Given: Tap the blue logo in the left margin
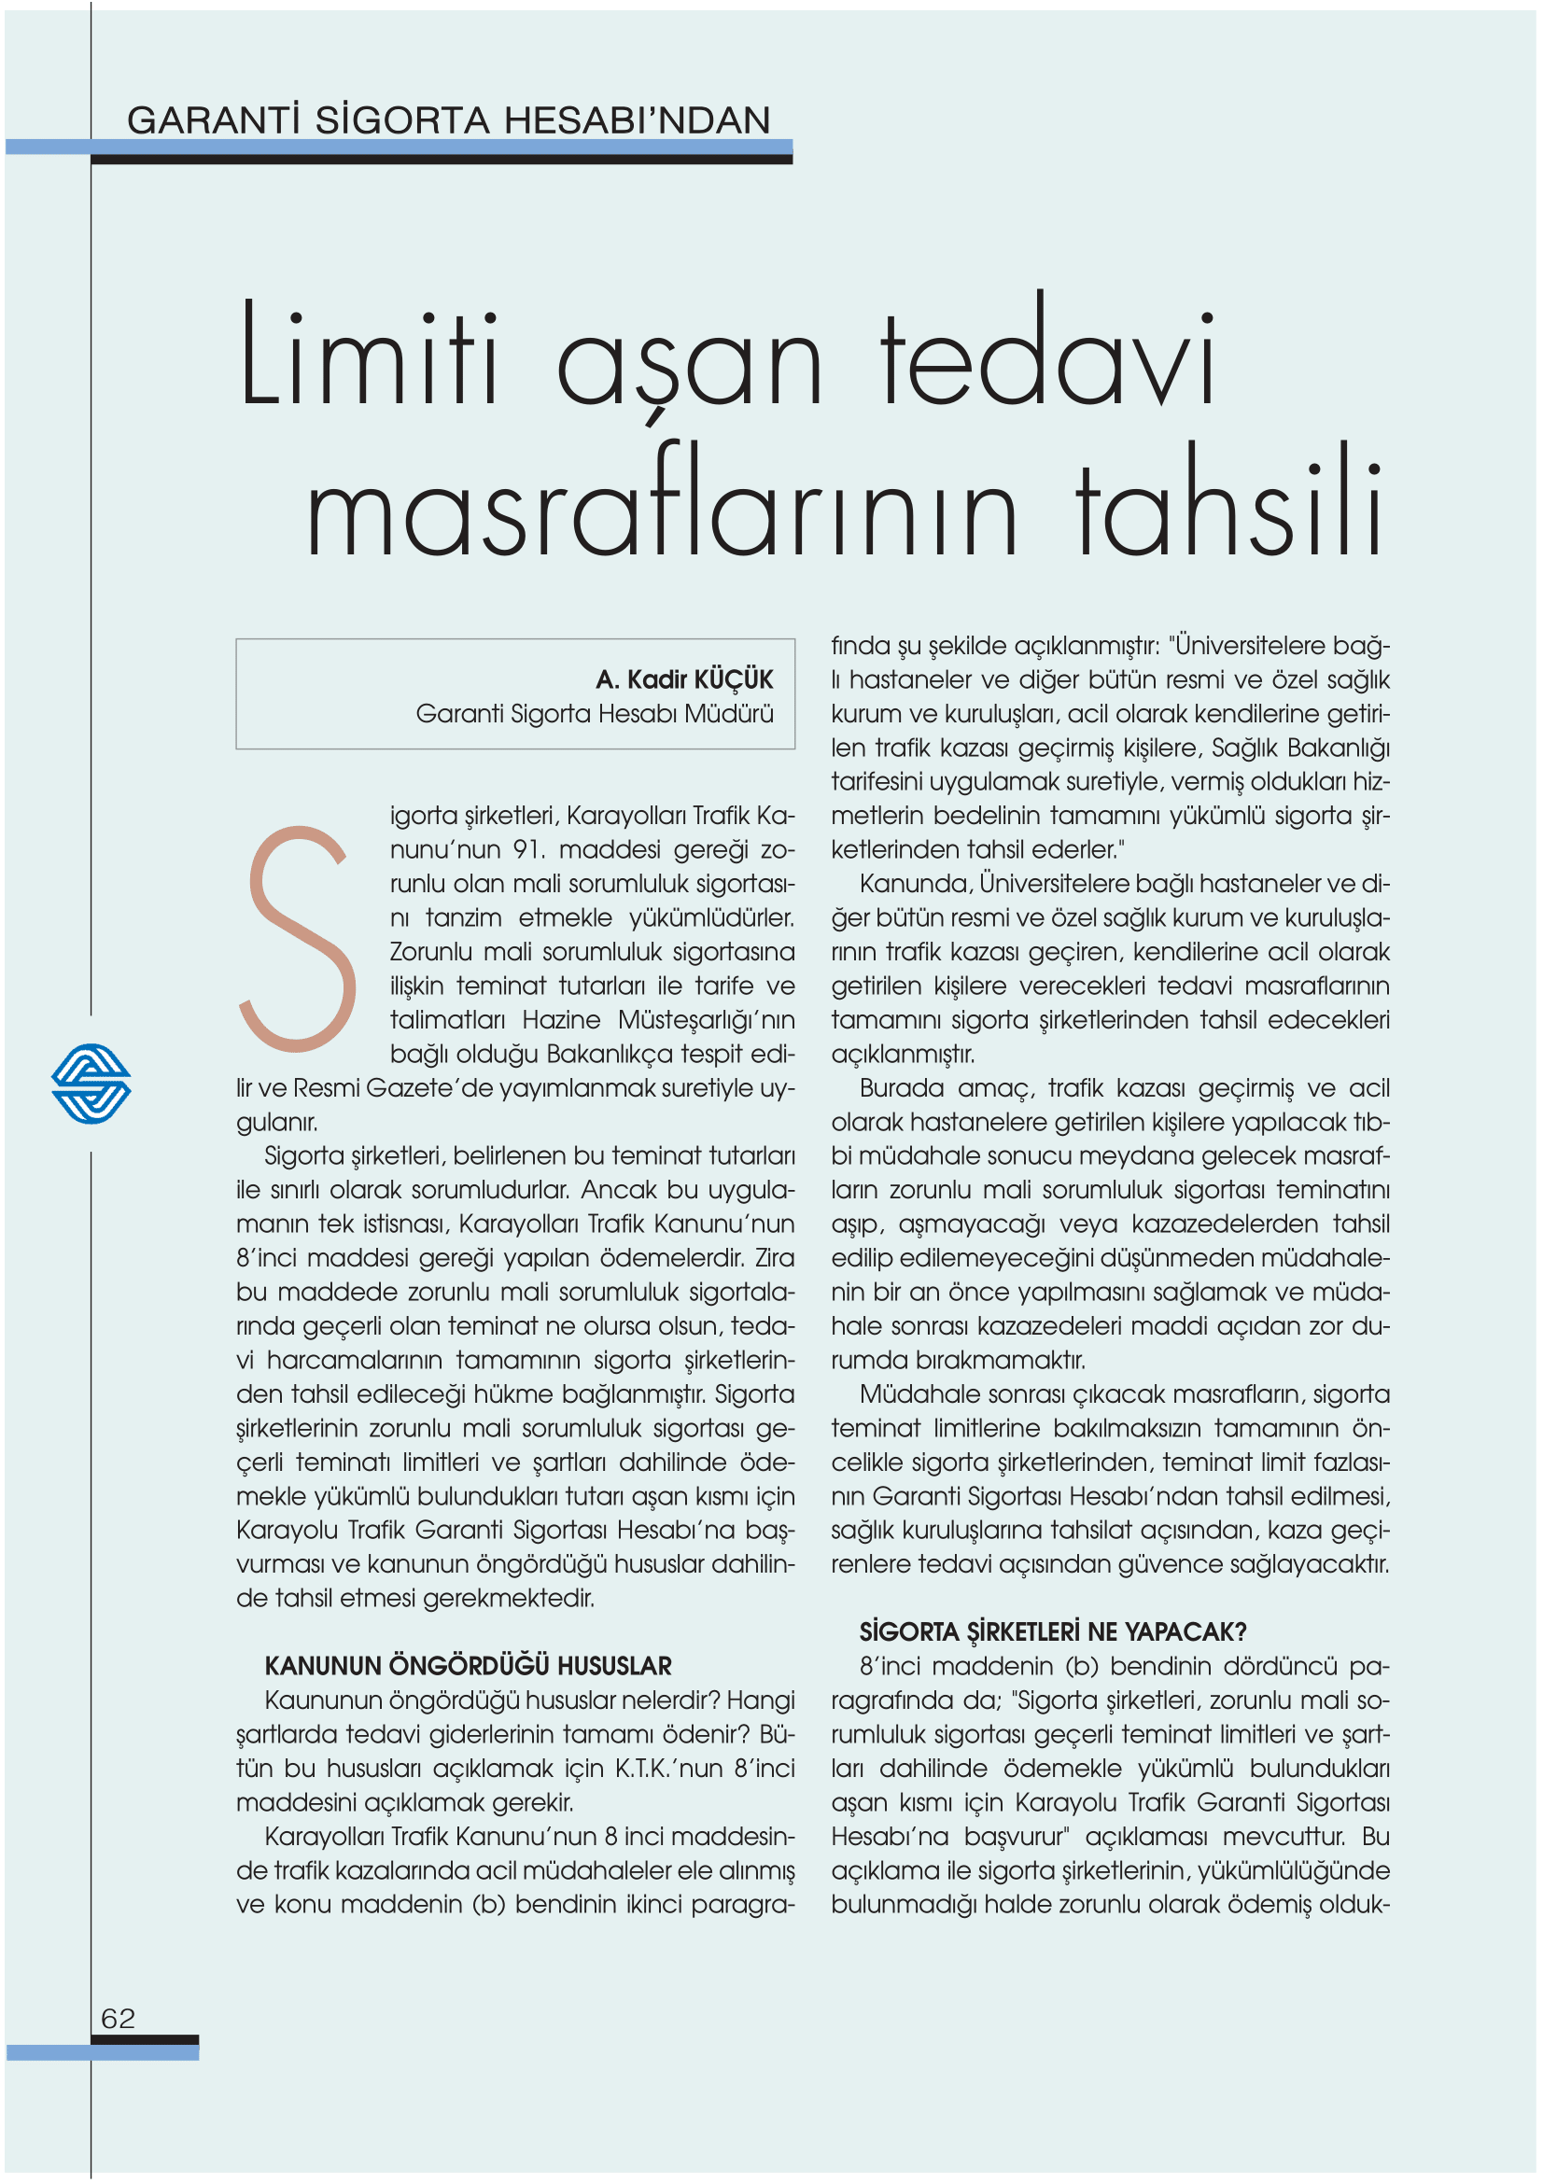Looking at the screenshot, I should point(91,1083).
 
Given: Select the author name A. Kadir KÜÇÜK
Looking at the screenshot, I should point(683,679).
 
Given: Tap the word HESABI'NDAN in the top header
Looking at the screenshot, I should point(637,120).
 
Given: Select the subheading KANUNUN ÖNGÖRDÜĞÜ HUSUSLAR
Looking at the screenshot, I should point(468,1665).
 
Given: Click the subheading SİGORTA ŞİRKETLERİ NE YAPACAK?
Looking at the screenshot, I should point(1052,1631).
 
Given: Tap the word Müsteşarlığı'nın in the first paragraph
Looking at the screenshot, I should point(706,1019).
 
